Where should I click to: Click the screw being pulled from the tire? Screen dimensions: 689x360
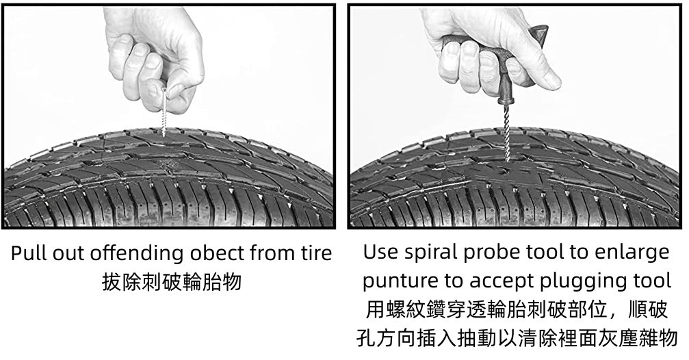[165, 112]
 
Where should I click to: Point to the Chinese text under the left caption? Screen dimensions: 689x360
[172, 282]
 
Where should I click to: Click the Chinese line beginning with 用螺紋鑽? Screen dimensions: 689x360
[517, 310]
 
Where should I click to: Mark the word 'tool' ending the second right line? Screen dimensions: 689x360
[653, 281]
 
